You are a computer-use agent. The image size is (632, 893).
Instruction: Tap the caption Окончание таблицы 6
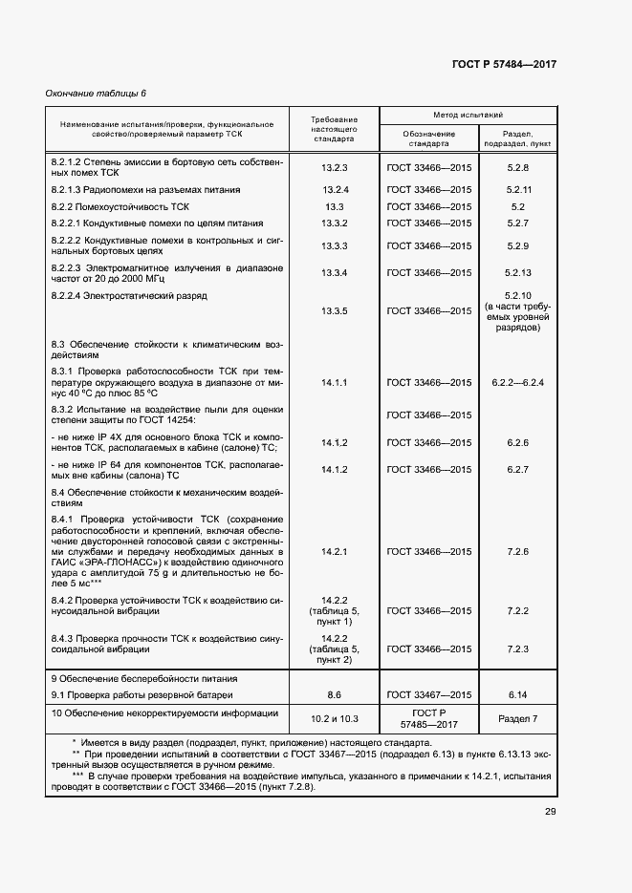click(97, 93)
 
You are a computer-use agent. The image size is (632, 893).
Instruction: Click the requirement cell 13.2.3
click(335, 167)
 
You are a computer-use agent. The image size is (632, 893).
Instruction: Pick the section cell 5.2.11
click(519, 189)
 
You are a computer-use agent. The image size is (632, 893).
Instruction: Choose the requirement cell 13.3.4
click(335, 273)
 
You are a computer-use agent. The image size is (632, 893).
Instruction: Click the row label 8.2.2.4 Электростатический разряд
click(129, 297)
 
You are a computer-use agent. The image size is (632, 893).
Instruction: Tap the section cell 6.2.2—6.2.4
click(518, 382)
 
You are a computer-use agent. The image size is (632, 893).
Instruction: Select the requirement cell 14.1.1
click(335, 382)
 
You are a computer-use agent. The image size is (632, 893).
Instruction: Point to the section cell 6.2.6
click(519, 442)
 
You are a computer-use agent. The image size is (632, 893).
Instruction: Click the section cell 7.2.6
click(519, 552)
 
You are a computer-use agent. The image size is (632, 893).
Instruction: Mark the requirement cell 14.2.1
click(335, 552)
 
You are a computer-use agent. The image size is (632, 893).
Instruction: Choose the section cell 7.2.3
click(519, 648)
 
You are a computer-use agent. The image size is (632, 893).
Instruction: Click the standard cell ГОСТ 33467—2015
click(429, 694)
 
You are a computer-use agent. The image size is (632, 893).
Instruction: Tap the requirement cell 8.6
click(335, 694)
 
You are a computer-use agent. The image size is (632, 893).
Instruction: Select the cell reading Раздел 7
click(519, 718)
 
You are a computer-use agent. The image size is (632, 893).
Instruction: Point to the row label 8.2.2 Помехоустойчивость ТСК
click(120, 206)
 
